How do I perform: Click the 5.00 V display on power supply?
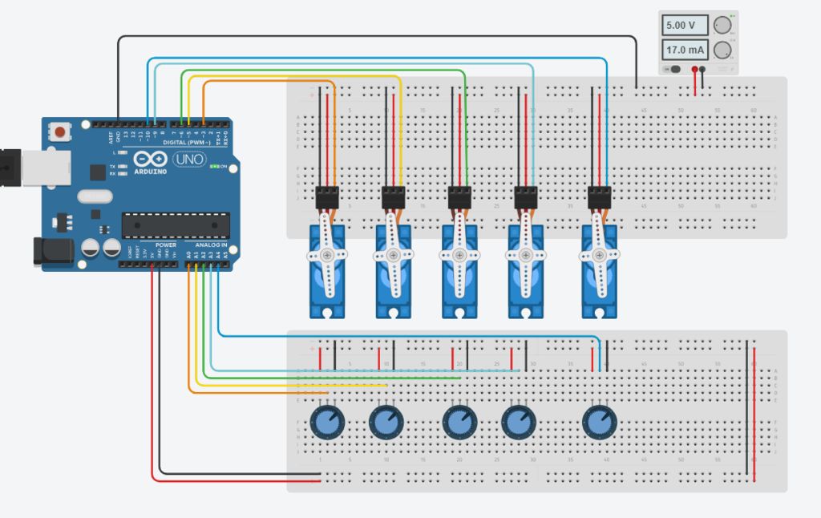click(685, 26)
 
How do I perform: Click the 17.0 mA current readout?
click(685, 51)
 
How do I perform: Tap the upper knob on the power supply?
click(723, 25)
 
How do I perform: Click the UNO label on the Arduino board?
click(188, 159)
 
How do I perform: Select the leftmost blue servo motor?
click(326, 273)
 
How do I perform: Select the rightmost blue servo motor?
click(600, 273)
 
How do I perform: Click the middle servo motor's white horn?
click(459, 254)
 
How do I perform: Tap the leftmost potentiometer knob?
click(326, 421)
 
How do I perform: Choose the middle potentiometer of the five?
click(459, 421)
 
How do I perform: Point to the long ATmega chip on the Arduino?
click(176, 225)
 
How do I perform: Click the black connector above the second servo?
click(393, 196)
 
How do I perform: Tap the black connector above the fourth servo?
click(525, 196)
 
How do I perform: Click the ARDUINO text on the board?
click(150, 172)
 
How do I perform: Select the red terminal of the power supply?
click(694, 70)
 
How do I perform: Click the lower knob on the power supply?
click(723, 51)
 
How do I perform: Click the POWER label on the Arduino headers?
click(166, 245)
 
